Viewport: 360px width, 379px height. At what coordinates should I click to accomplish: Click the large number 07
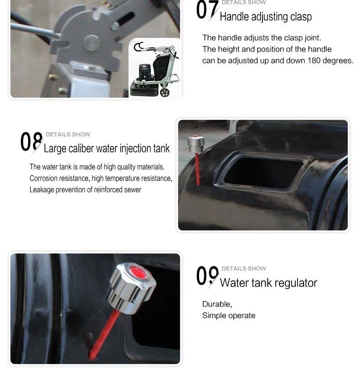point(207,10)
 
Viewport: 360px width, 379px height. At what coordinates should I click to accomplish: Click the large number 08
point(31,142)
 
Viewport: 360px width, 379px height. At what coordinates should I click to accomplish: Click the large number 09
point(207,276)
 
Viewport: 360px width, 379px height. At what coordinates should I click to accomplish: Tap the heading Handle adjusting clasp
point(266,17)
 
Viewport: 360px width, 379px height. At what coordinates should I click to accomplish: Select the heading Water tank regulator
point(268,283)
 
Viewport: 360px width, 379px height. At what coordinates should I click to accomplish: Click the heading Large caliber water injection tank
point(107,148)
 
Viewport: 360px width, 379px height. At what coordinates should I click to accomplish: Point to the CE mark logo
point(139,47)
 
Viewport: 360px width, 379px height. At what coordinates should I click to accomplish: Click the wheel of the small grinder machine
point(165,92)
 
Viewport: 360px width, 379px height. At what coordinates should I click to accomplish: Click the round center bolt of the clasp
point(92,43)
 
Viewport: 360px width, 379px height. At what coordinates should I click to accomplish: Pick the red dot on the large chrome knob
point(138,272)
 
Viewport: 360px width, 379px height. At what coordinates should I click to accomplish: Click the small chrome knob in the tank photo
point(196,144)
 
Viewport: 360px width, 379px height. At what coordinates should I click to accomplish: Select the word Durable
point(217,304)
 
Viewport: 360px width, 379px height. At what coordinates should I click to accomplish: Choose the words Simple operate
point(229,316)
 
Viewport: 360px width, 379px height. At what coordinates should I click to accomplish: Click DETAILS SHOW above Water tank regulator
point(244,269)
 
